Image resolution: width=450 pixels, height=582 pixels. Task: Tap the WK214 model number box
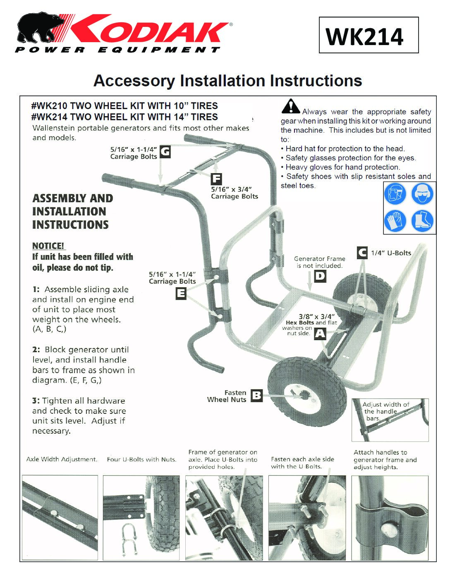pyautogui.click(x=369, y=35)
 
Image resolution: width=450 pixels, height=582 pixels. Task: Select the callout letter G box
pyautogui.click(x=165, y=152)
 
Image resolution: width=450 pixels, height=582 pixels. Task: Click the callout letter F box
pyautogui.click(x=216, y=179)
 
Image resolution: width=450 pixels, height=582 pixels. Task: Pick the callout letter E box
pyautogui.click(x=181, y=293)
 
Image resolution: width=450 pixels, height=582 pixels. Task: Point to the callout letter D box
pyautogui.click(x=320, y=276)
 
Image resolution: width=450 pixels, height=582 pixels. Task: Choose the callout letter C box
pyautogui.click(x=362, y=253)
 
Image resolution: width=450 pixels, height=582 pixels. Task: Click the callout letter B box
pyautogui.click(x=256, y=396)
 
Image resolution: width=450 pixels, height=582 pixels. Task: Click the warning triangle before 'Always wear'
pyautogui.click(x=291, y=106)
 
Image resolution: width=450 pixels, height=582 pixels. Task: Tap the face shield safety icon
pyautogui.click(x=395, y=194)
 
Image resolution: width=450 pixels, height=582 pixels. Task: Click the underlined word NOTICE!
pyautogui.click(x=48, y=246)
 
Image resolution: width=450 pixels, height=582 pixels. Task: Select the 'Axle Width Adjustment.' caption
pyautogui.click(x=62, y=459)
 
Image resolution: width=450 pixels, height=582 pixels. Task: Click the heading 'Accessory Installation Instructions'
pyautogui.click(x=228, y=81)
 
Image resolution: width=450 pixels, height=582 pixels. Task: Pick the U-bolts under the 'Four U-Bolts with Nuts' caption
pyautogui.click(x=129, y=537)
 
